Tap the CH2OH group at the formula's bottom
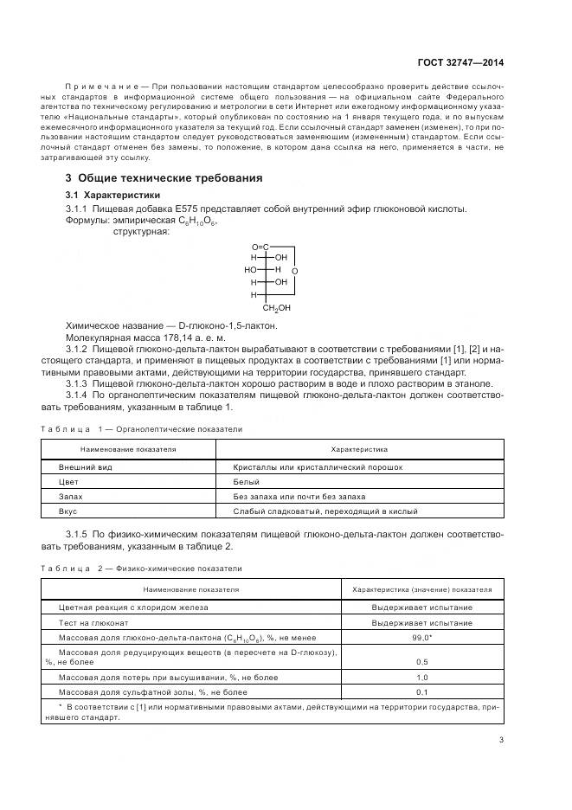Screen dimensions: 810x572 click(x=277, y=307)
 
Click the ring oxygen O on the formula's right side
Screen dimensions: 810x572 click(x=295, y=272)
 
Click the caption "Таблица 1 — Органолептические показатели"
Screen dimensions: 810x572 click(x=142, y=429)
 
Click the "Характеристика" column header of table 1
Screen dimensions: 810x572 click(x=359, y=450)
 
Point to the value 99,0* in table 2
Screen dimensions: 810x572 click(x=422, y=637)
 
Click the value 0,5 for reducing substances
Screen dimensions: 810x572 click(x=422, y=662)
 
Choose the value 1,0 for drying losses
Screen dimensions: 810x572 click(x=422, y=678)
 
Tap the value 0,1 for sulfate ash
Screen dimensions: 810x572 click(x=422, y=692)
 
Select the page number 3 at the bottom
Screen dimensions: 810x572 click(x=501, y=739)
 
